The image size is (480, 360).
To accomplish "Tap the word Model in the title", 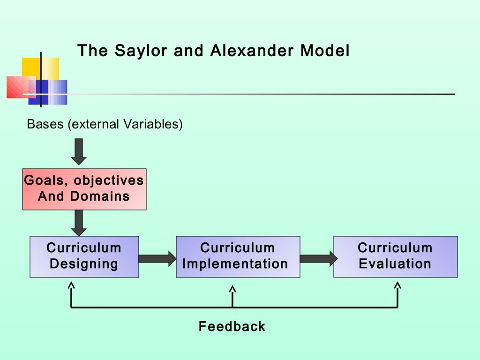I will (x=324, y=51).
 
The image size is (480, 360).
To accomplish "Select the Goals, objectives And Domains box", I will (x=84, y=189).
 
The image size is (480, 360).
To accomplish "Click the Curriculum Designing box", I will (x=84, y=256).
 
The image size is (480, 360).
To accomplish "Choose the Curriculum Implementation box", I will (x=238, y=256).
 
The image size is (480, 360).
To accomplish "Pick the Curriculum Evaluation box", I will (x=395, y=256).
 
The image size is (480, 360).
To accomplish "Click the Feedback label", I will (x=232, y=326).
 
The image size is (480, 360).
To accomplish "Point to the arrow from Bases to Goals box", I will (x=79, y=151).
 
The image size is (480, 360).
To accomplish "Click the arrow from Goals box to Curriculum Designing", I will (x=79, y=223).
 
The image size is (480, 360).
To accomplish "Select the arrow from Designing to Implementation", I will (x=157, y=258).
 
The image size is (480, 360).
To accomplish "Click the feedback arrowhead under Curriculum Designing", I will (x=71, y=286).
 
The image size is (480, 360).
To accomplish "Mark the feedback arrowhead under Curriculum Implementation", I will (x=232, y=291).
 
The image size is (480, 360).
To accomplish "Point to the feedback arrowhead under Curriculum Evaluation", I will (x=397, y=286).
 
